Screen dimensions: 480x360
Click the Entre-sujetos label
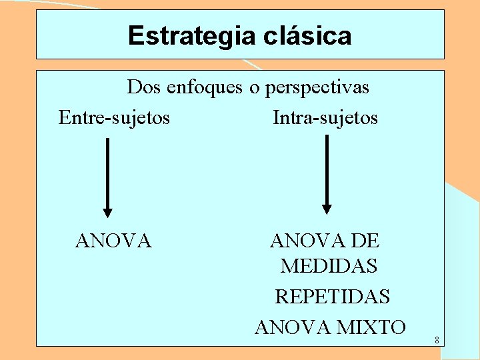tap(114, 118)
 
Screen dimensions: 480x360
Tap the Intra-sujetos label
tap(325, 118)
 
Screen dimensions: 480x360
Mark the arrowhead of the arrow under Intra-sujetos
tap(327, 207)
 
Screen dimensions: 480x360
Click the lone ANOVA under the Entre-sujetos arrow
tap(114, 240)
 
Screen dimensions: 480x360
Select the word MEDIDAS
tap(329, 266)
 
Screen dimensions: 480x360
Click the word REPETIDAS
tap(333, 296)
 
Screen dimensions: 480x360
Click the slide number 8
tap(436, 341)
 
